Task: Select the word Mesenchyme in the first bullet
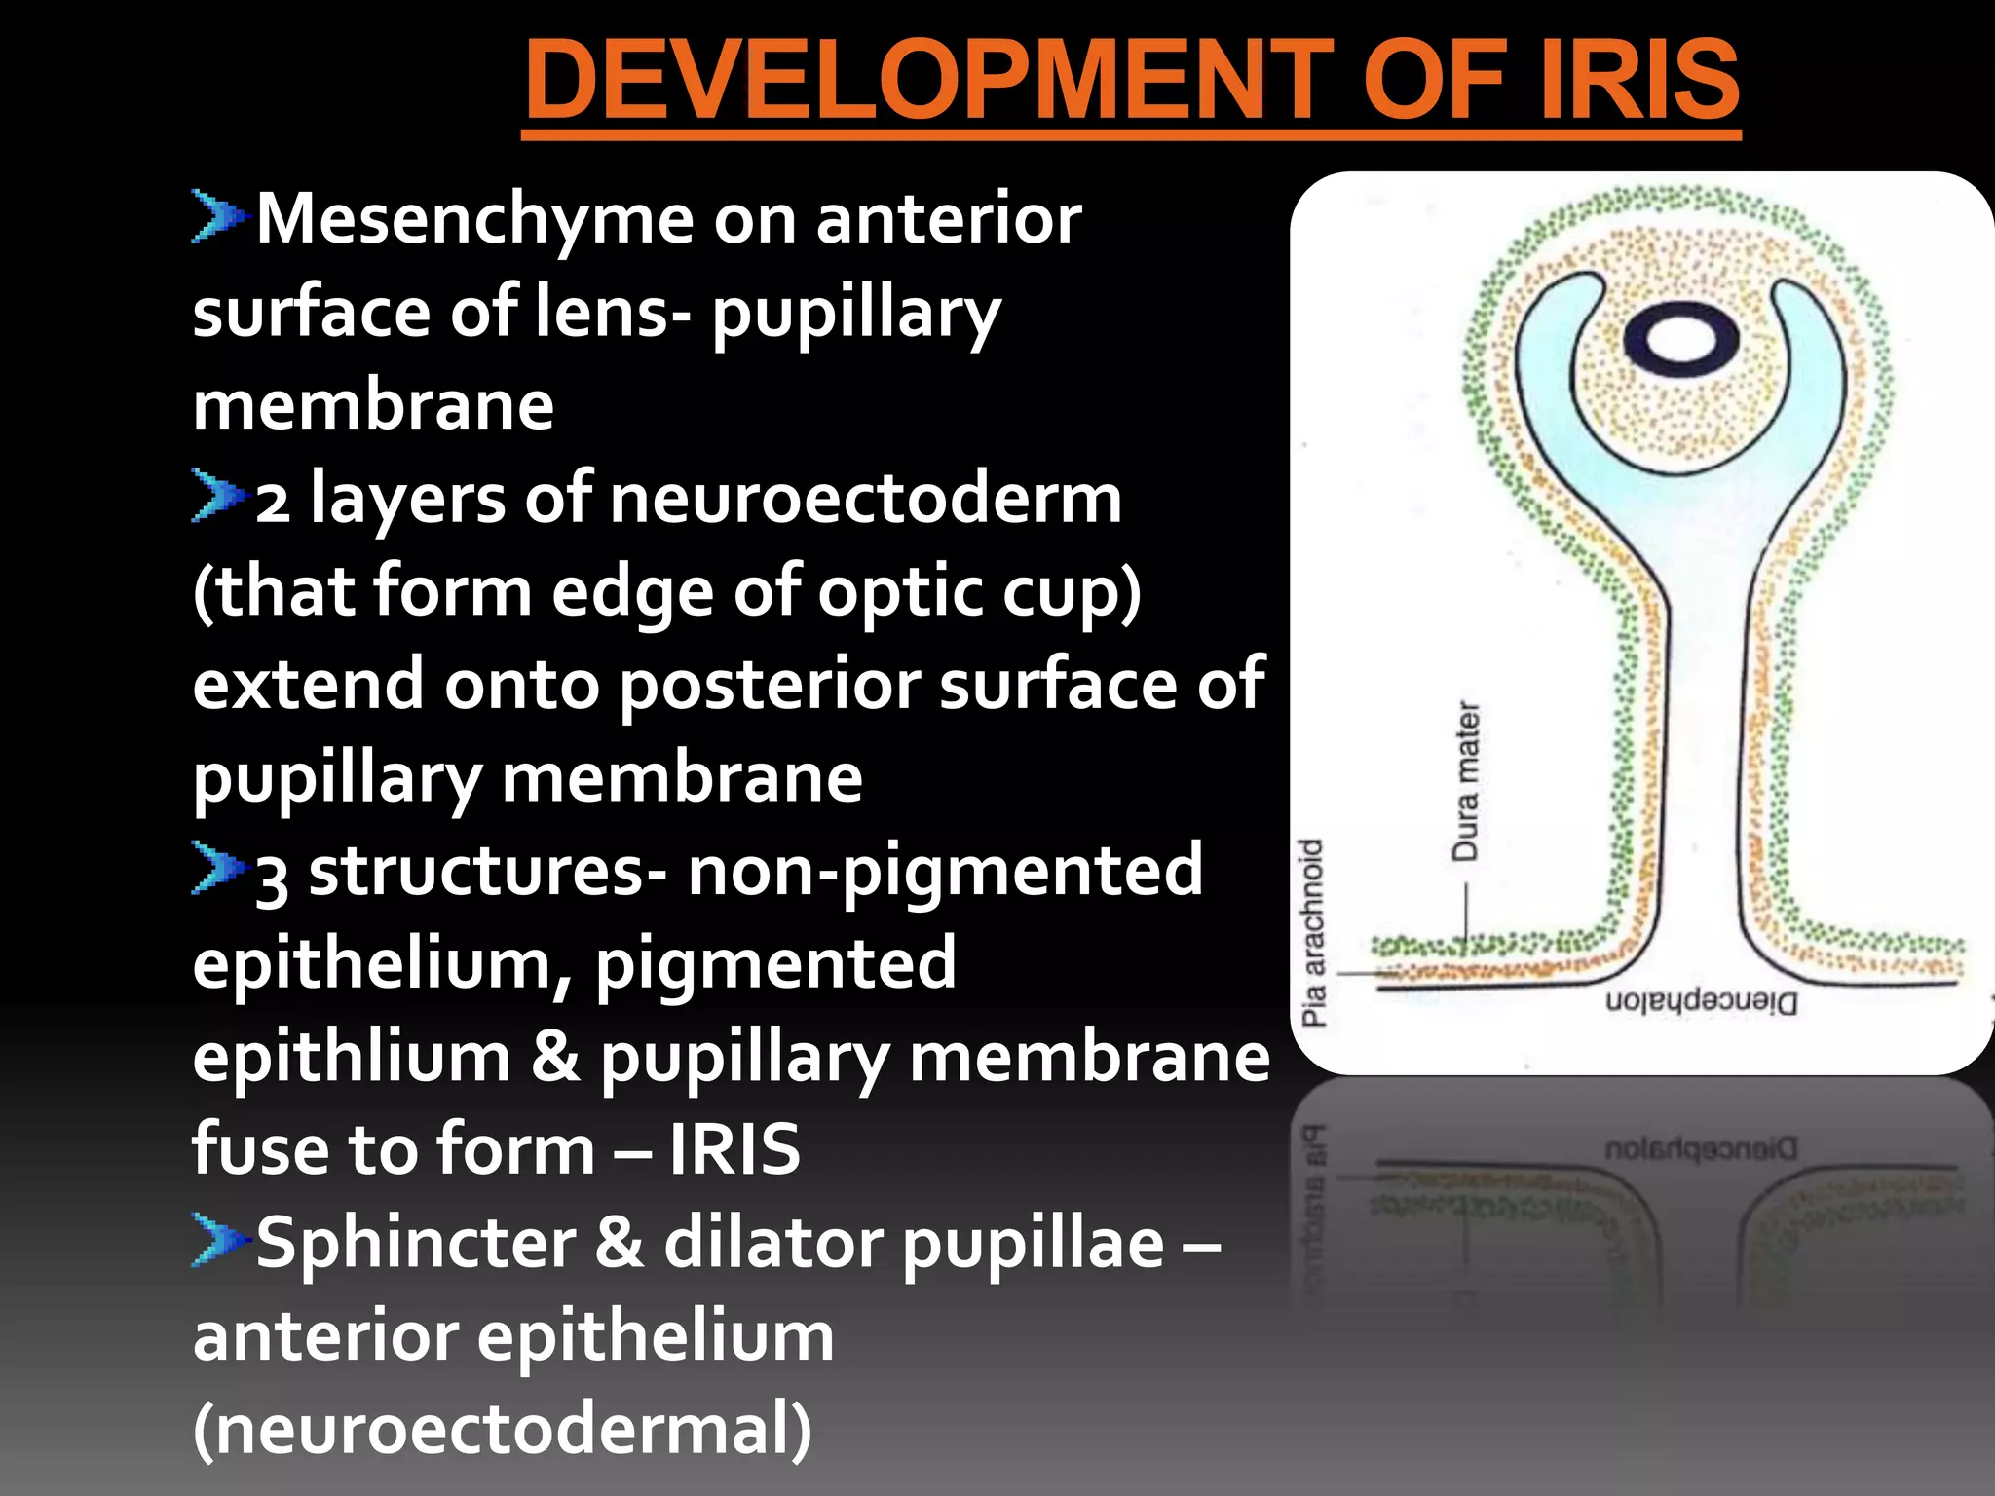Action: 475,219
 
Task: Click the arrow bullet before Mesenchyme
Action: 216,215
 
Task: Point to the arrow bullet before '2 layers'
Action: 216,495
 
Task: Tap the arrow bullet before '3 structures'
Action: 216,867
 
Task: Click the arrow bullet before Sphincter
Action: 216,1240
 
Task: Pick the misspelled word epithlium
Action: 351,1058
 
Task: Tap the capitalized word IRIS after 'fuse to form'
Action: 734,1149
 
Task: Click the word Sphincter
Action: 416,1243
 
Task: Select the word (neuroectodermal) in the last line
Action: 502,1429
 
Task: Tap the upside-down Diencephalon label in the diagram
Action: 1701,1002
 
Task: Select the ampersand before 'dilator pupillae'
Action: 619,1243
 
